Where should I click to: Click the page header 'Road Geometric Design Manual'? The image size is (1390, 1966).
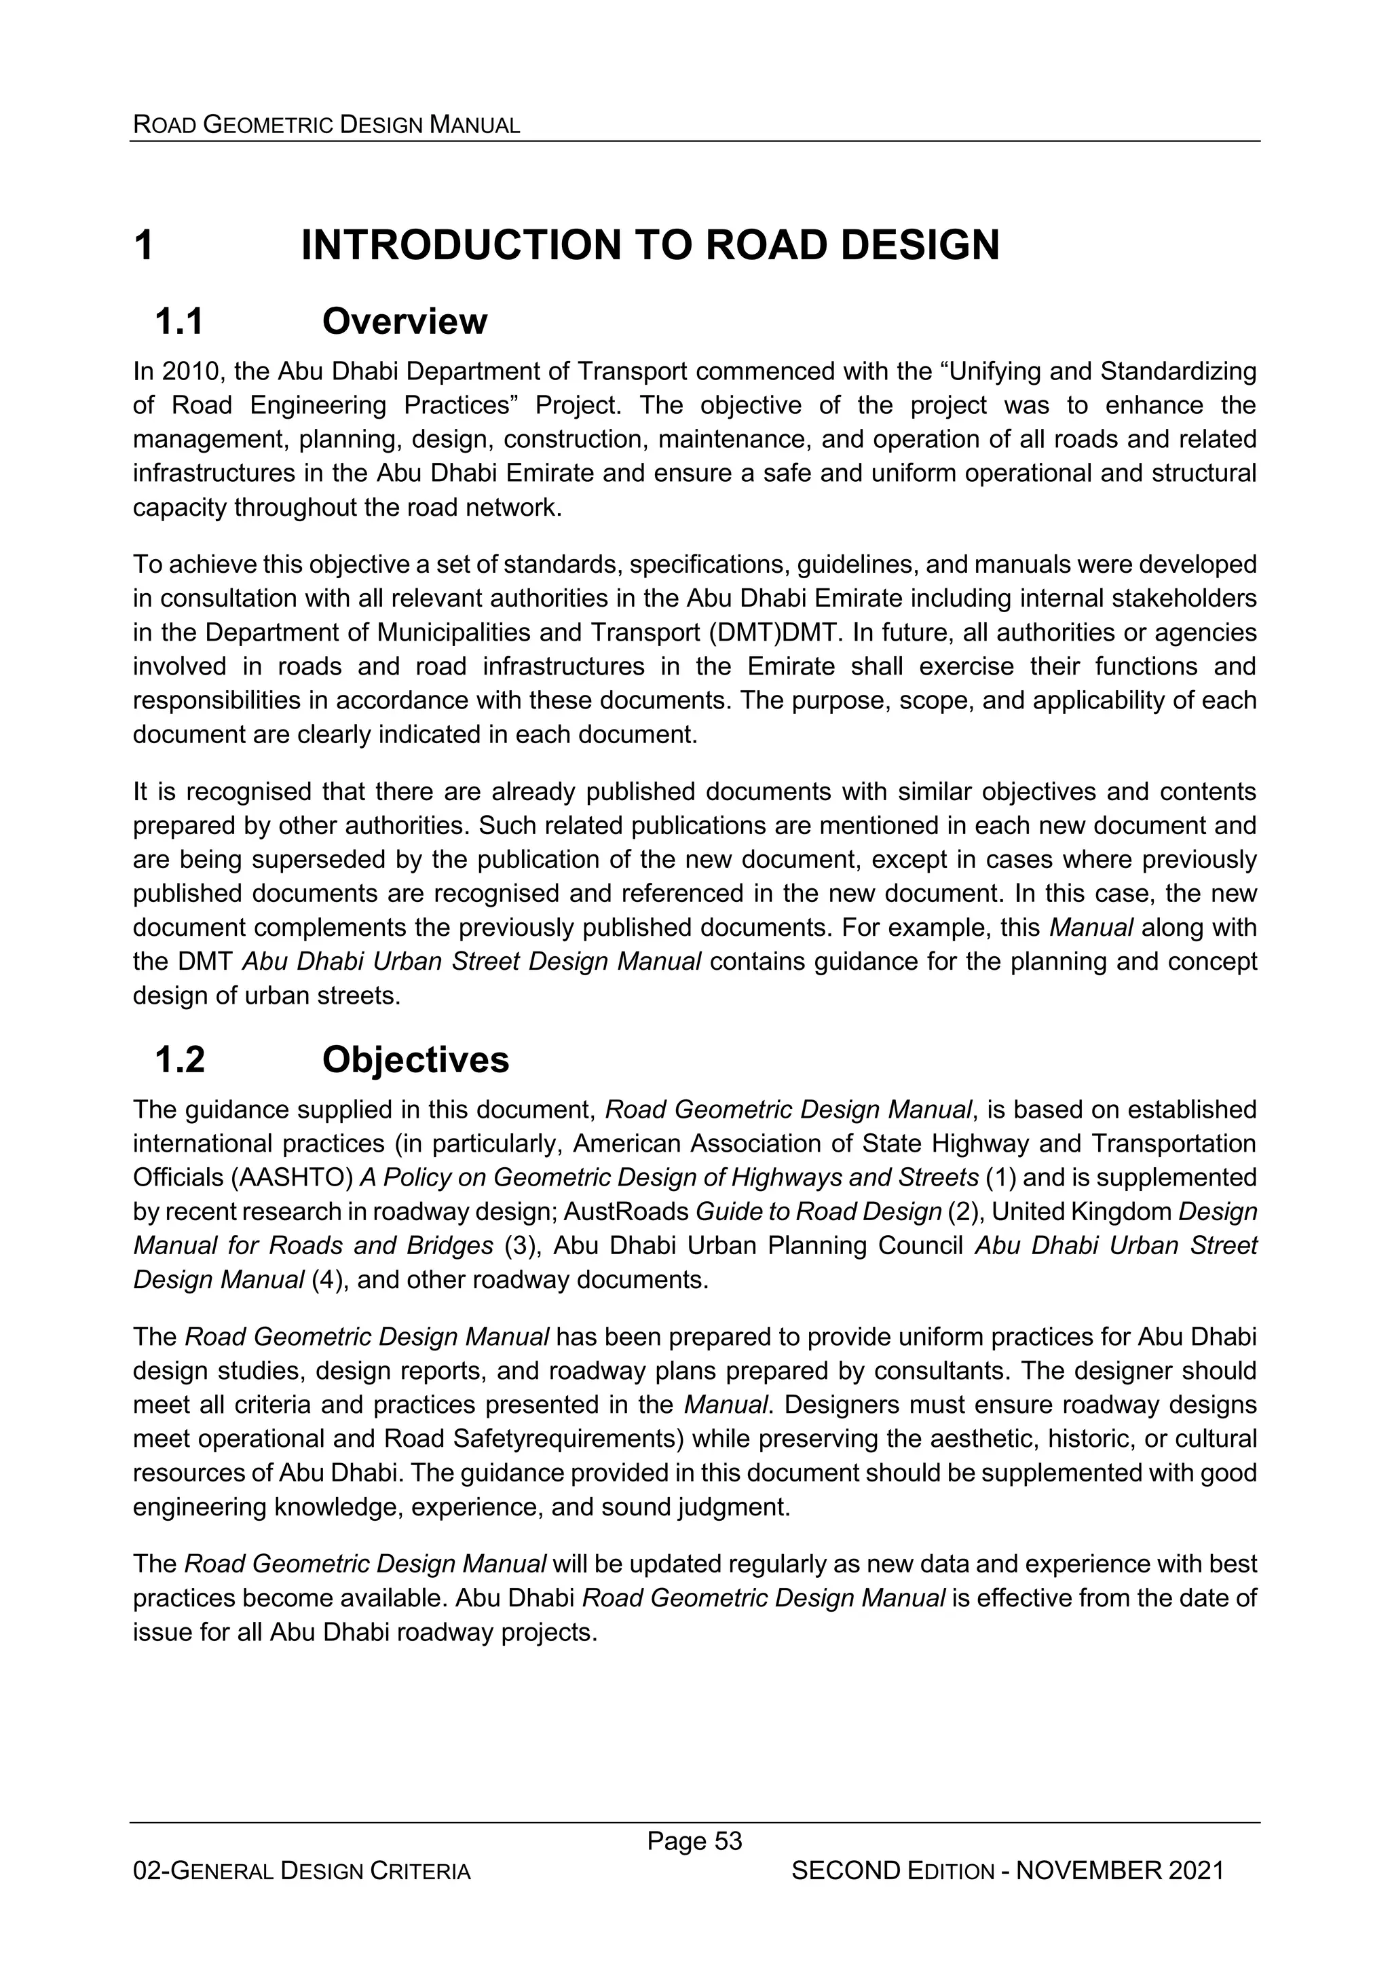click(x=326, y=125)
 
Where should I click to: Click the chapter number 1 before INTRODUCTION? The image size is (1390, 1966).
click(x=144, y=246)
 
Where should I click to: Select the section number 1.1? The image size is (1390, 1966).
click(x=179, y=322)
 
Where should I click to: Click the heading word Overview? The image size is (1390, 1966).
click(x=405, y=322)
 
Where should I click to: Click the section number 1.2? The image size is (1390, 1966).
click(x=179, y=1060)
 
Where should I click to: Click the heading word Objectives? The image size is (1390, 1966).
click(x=415, y=1060)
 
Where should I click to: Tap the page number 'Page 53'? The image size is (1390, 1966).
click(x=694, y=1841)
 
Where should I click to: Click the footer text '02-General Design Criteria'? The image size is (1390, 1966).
click(x=301, y=1872)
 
